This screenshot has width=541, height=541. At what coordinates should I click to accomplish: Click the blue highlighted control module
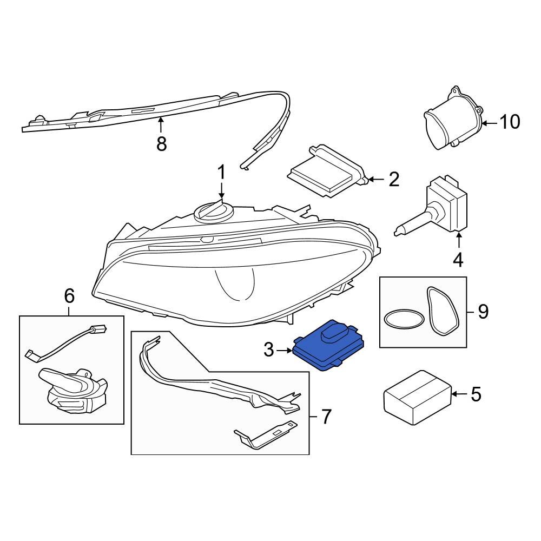(328, 345)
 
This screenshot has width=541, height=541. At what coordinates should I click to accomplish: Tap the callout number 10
(510, 122)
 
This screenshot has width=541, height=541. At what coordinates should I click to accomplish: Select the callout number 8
(161, 143)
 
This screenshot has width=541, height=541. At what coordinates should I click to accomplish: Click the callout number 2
(394, 180)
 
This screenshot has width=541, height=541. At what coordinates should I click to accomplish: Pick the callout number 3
(269, 350)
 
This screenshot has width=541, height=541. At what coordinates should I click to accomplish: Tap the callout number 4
(458, 260)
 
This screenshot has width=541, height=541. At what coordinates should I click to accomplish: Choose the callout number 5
(476, 394)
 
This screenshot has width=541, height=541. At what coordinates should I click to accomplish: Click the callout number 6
(69, 296)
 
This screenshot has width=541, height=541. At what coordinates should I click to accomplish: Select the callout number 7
(326, 417)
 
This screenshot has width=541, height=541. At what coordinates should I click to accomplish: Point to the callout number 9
(483, 312)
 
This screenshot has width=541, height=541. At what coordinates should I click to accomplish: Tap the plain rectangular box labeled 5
(418, 398)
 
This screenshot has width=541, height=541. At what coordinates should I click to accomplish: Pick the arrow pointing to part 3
(285, 351)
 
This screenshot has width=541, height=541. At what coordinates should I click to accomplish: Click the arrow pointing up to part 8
(161, 126)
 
